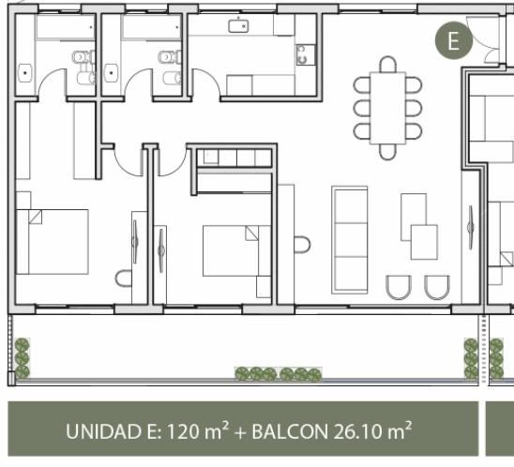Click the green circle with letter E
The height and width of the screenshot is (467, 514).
click(x=454, y=40)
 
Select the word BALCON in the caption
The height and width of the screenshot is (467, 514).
click(x=290, y=431)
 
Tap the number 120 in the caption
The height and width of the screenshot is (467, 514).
click(x=182, y=431)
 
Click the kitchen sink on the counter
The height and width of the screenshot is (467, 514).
click(x=238, y=26)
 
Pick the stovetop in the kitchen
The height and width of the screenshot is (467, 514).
click(x=305, y=54)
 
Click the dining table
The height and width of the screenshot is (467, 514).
click(x=387, y=108)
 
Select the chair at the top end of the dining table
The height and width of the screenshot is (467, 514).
click(x=387, y=65)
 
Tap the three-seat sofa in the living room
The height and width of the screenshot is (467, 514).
click(x=350, y=240)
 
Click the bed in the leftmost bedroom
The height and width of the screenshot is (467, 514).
click(x=53, y=242)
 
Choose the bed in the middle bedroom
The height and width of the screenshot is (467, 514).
click(x=236, y=250)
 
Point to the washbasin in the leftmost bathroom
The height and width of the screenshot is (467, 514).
click(x=24, y=73)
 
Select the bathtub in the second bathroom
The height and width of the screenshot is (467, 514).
click(x=152, y=27)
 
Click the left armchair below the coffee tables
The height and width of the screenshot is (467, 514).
click(x=399, y=287)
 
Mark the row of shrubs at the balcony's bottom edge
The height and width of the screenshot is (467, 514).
click(x=279, y=374)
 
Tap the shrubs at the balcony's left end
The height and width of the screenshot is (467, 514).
click(x=23, y=358)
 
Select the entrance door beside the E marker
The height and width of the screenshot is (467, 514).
click(x=483, y=39)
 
